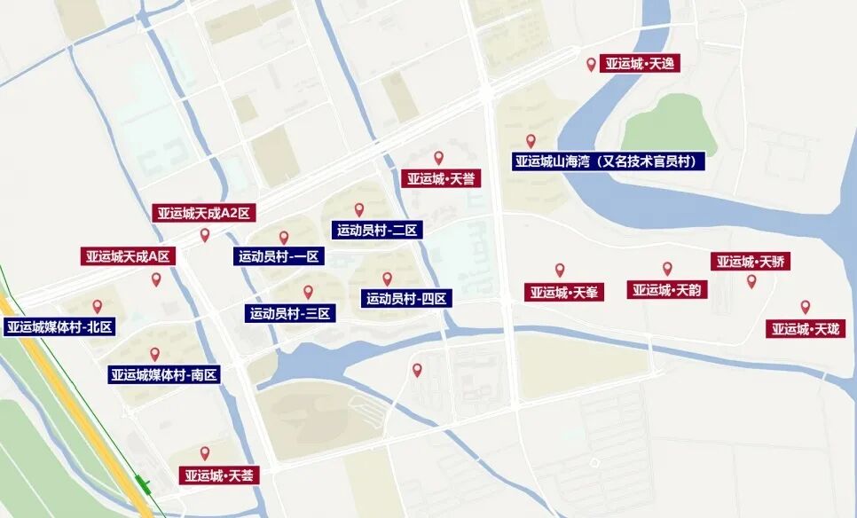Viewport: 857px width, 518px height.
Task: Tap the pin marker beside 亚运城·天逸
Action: tap(592, 64)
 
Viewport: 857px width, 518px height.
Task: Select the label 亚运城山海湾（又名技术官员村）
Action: tap(609, 161)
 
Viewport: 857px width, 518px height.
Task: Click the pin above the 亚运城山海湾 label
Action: tap(531, 140)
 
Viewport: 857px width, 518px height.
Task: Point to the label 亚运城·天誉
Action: tap(441, 179)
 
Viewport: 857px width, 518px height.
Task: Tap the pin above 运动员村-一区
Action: tap(284, 237)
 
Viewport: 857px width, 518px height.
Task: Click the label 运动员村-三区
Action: tap(290, 313)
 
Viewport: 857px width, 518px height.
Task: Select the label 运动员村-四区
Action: tap(407, 299)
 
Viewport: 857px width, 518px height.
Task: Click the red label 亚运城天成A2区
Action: tap(205, 213)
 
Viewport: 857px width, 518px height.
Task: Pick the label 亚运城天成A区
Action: tap(127, 256)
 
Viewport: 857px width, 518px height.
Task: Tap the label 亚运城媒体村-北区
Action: tap(60, 327)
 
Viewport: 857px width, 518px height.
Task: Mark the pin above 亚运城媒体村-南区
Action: tap(154, 354)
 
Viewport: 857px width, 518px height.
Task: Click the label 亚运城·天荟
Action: tap(219, 475)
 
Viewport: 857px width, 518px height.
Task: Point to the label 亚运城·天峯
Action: tap(563, 292)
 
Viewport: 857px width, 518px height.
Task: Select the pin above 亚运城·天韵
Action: tap(667, 268)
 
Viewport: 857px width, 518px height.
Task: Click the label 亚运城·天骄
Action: tap(751, 262)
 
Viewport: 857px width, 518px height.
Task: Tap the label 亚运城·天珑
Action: tap(806, 329)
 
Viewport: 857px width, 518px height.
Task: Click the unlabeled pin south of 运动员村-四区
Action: tap(417, 370)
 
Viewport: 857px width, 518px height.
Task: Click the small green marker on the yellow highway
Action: tap(143, 485)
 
